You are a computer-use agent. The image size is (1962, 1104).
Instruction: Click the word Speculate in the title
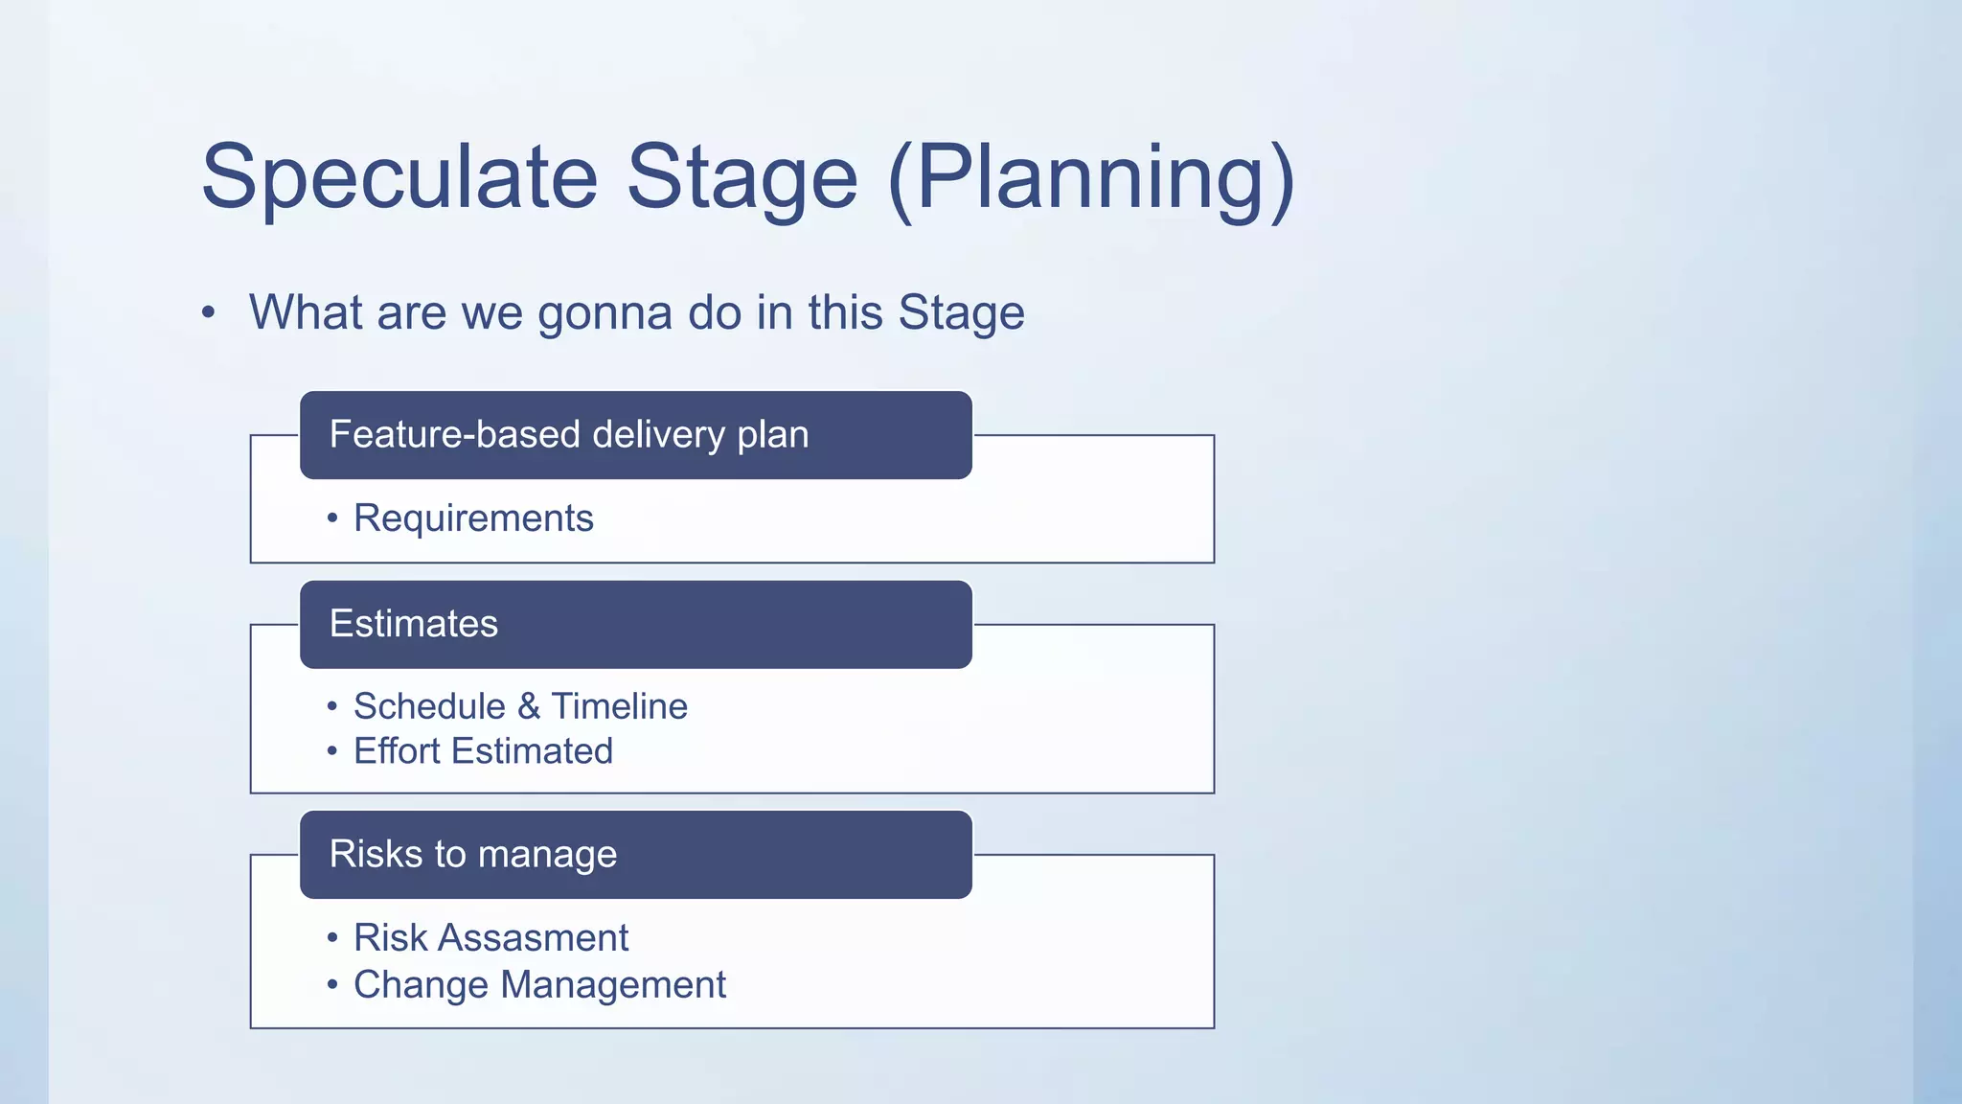[x=399, y=177]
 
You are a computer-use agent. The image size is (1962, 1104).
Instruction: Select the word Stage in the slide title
[x=741, y=177]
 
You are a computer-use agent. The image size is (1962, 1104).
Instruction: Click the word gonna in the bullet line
[x=605, y=313]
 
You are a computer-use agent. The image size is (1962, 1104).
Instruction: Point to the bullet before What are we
[x=208, y=313]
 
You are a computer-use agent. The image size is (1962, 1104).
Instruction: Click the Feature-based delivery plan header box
[x=635, y=435]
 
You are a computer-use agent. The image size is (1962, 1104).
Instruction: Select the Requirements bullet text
[x=473, y=518]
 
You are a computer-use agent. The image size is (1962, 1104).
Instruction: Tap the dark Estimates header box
[x=635, y=624]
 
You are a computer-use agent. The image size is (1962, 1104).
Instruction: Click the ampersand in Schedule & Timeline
[x=528, y=706]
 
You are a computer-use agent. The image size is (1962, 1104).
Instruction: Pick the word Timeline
[x=619, y=706]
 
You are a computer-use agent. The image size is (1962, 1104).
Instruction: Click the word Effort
[x=397, y=751]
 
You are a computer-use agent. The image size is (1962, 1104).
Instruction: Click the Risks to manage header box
[x=635, y=855]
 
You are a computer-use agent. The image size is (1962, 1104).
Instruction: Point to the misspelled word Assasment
[x=533, y=938]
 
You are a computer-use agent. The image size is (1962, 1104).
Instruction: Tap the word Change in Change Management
[x=421, y=985]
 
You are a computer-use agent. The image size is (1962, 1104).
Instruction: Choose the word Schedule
[x=429, y=706]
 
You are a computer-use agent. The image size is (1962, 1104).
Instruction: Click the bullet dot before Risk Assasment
[x=332, y=937]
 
